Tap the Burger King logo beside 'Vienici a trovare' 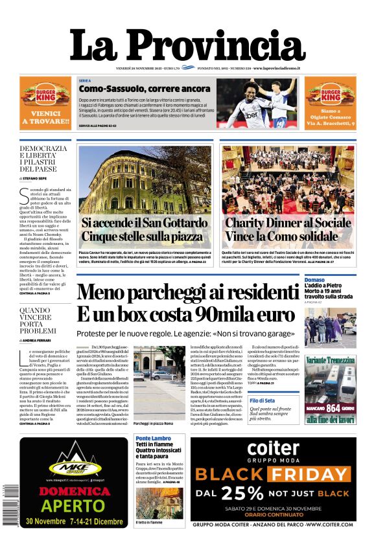(45, 98)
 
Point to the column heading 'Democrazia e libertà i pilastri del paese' (43, 158)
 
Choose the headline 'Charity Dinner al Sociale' (288, 223)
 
